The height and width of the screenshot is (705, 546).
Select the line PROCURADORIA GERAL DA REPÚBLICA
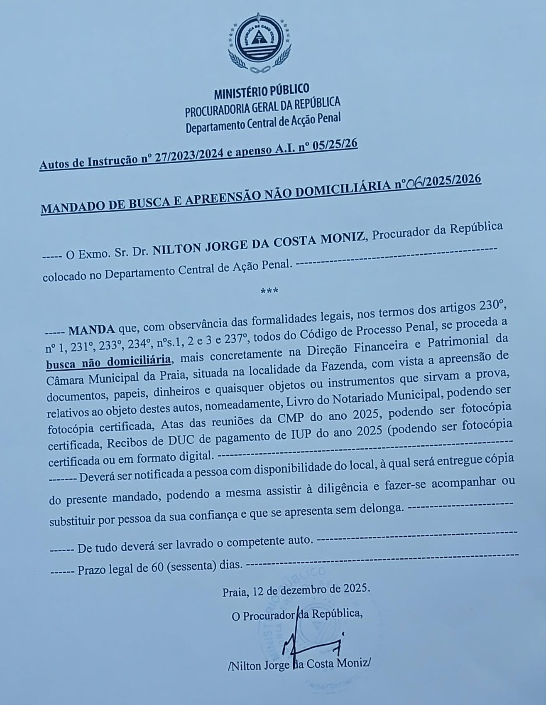pos(262,106)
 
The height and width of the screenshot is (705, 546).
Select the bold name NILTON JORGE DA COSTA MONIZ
pos(259,243)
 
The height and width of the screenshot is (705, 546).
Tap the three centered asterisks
pos(269,291)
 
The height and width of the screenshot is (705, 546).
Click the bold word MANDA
pos(91,330)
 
